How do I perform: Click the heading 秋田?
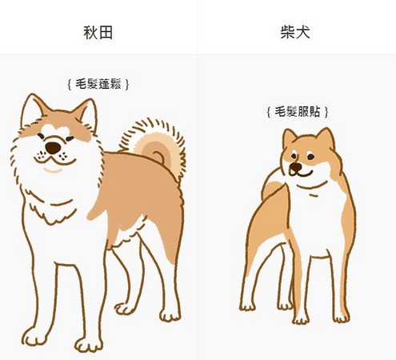98,33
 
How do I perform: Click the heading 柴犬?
296,33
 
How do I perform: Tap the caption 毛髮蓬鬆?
98,82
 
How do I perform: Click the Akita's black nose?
53,148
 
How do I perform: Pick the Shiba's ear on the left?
290,139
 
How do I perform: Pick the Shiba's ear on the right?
324,138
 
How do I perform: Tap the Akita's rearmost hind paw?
170,314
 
